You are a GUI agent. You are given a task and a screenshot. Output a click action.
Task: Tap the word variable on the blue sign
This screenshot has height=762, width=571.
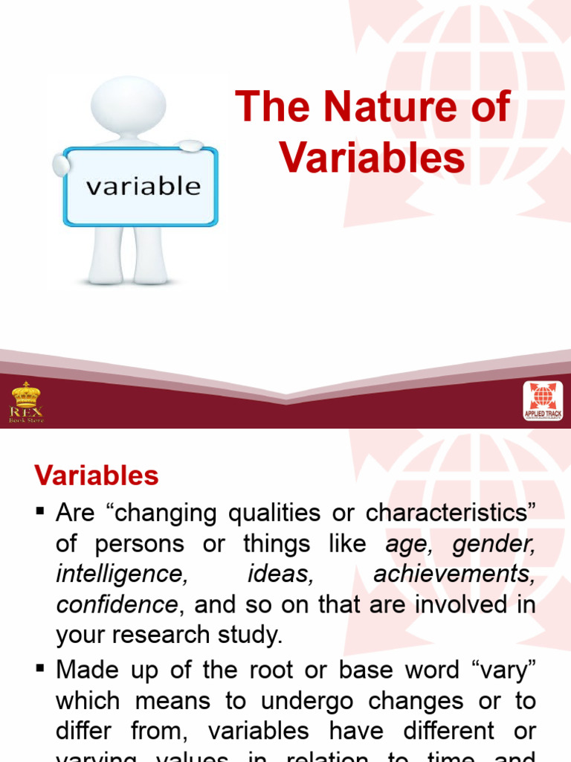click(x=143, y=185)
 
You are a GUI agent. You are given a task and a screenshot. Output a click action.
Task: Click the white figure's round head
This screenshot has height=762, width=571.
click(x=128, y=103)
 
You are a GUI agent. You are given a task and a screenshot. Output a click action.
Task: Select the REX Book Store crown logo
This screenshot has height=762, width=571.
click(x=26, y=402)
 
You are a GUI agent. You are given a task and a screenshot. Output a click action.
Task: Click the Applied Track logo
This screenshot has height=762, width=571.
click(x=543, y=402)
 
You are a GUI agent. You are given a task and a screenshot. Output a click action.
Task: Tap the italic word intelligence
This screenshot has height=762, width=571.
click(x=119, y=574)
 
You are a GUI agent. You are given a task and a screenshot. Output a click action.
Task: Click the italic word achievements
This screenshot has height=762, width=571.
click(x=454, y=574)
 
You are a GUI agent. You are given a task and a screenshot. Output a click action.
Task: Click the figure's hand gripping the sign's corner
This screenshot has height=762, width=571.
click(x=190, y=147)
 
